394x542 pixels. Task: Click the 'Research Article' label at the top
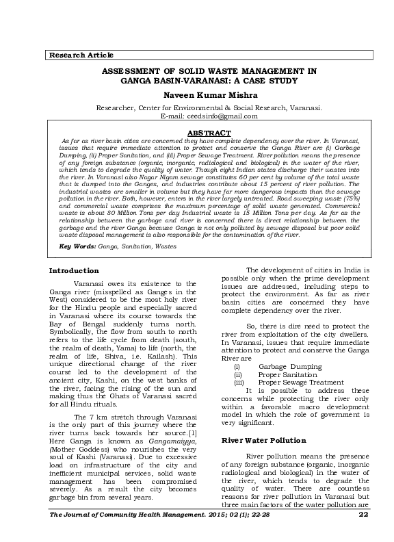(75, 55)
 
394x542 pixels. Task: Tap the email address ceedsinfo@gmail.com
(218, 116)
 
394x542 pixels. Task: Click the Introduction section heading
(74, 270)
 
